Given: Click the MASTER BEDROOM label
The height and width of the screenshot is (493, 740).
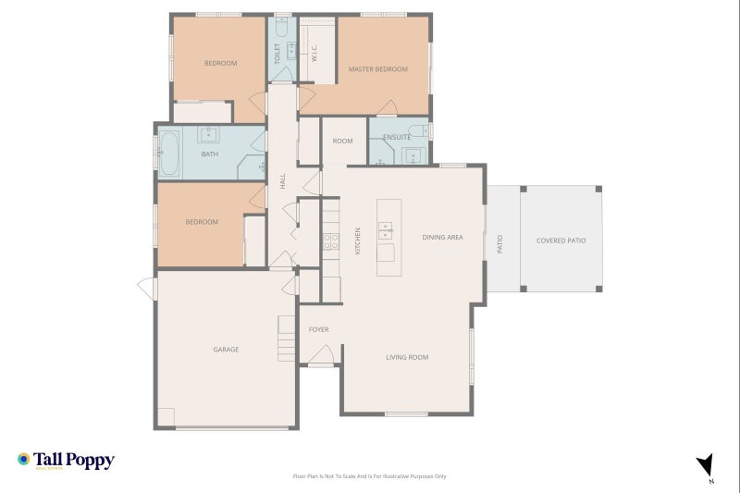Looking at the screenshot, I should click(x=377, y=69).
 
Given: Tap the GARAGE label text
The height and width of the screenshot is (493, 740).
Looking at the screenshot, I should click(x=226, y=350).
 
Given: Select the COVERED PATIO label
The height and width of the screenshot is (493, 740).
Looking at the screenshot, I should click(x=561, y=240).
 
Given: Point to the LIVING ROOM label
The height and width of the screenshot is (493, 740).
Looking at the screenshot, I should click(x=407, y=357).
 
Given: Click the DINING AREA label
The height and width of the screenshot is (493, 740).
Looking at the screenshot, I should click(x=442, y=238).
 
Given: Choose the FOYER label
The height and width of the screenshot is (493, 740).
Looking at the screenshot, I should click(x=318, y=329).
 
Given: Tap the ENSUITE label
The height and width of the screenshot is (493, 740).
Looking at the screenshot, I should click(x=397, y=138).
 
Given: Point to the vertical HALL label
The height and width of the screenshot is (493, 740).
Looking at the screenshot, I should click(x=282, y=181).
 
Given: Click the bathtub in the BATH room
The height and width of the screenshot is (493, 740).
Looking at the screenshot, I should click(x=170, y=153).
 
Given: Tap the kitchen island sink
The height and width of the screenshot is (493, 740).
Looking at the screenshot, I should click(x=385, y=228).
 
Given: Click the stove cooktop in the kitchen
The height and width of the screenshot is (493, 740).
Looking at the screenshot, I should click(x=330, y=242).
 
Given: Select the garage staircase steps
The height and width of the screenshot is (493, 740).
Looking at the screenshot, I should click(x=286, y=338).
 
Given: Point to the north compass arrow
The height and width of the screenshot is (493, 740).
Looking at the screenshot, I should click(x=705, y=466).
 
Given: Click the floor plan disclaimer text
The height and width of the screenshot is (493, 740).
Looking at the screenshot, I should click(x=369, y=476).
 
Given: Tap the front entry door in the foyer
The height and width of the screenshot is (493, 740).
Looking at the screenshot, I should click(x=321, y=356).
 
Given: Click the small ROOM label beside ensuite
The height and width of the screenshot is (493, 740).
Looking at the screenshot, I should click(x=343, y=141).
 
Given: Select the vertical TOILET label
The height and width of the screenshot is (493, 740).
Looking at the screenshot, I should click(x=277, y=52).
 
